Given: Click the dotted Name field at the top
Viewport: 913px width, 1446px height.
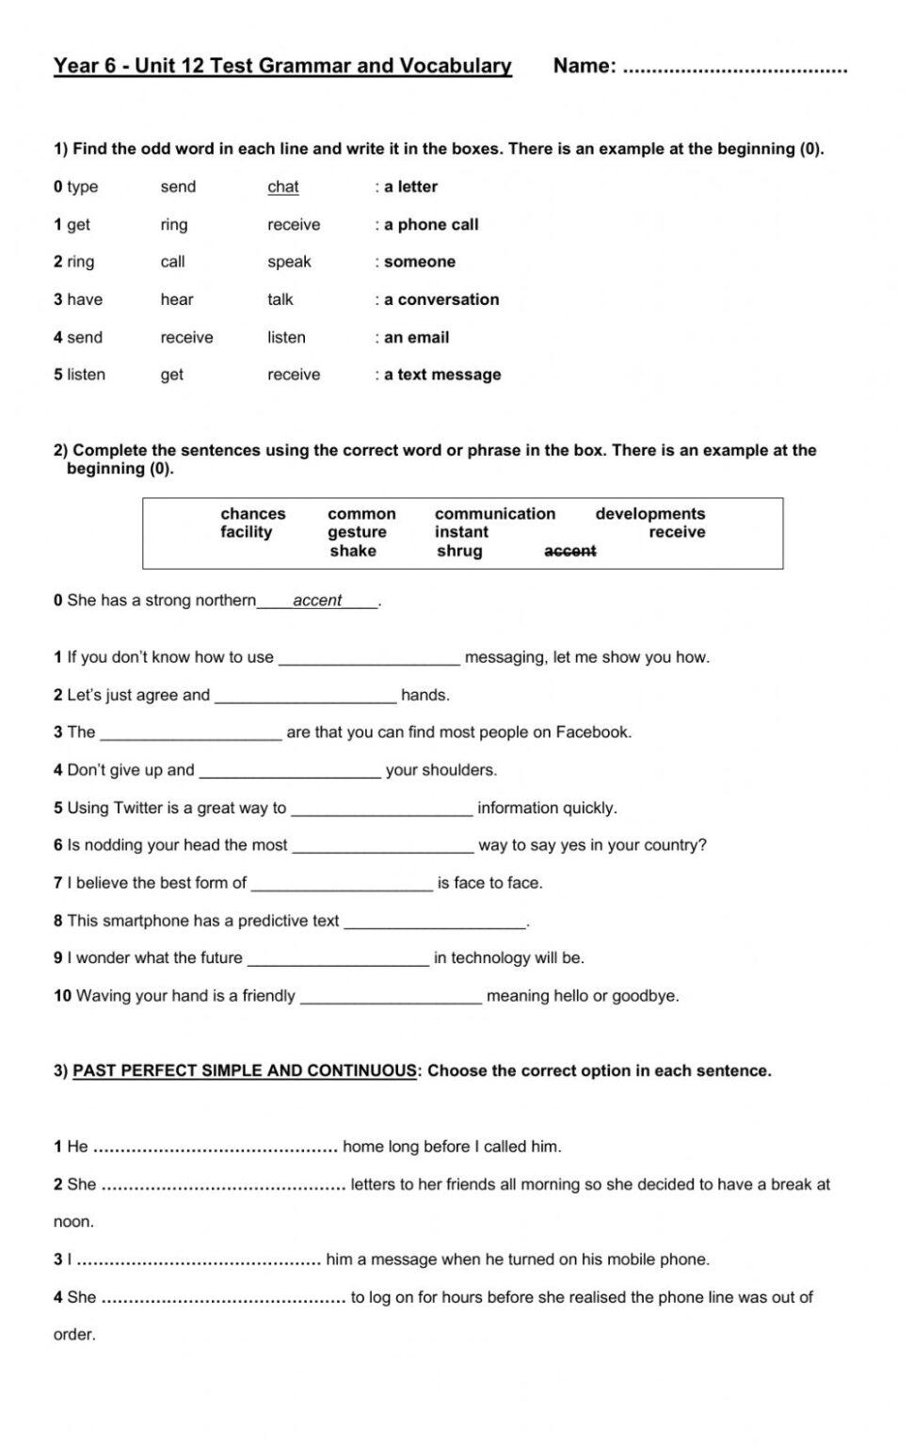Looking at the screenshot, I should (x=735, y=68).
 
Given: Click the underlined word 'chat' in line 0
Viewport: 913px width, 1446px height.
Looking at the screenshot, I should (x=282, y=187).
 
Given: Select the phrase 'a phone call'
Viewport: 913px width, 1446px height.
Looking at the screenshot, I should (x=431, y=225).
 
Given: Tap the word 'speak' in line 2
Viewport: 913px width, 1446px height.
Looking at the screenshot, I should (x=289, y=262).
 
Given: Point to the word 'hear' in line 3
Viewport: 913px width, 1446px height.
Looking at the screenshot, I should (x=177, y=299).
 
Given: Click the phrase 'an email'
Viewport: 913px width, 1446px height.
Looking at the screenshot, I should (x=416, y=337).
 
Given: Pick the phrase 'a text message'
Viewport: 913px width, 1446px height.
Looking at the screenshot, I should (x=442, y=375).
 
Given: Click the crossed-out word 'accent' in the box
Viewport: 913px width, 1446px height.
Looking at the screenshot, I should (x=570, y=552).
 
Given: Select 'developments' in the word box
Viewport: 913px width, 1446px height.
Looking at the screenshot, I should (x=649, y=514).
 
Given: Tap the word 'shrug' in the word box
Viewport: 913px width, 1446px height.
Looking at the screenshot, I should (x=459, y=552).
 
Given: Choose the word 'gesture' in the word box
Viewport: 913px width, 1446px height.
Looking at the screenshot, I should (x=357, y=533).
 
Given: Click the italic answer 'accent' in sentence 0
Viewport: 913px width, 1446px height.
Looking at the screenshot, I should (x=317, y=601).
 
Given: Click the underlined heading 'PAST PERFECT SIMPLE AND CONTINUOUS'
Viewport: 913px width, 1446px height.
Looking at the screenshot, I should (x=245, y=1071).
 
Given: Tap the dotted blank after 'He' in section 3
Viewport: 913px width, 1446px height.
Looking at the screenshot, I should (x=216, y=1148).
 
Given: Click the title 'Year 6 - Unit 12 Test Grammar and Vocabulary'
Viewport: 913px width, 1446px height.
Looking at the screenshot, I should (x=282, y=66).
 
